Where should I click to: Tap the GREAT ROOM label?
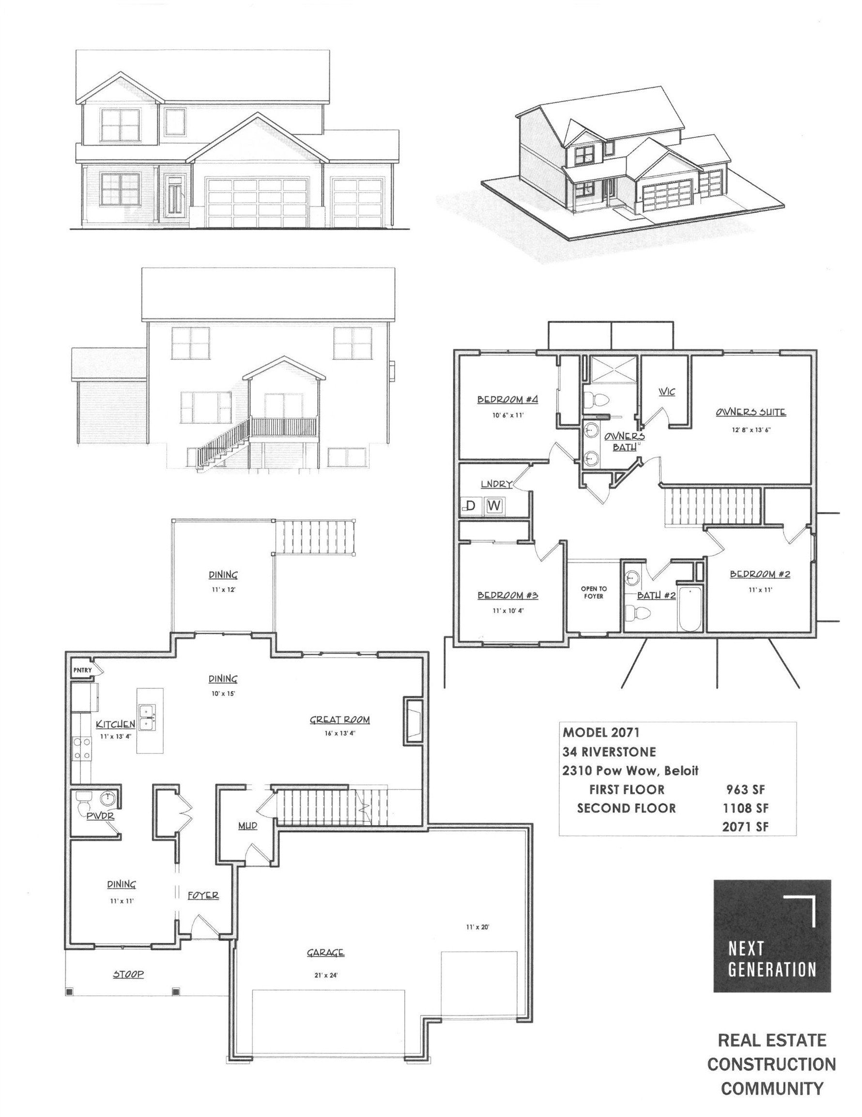point(340,720)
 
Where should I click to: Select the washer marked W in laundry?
point(494,506)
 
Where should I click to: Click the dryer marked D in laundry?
point(471,506)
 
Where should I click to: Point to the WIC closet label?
point(667,392)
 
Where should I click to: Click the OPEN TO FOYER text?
point(594,593)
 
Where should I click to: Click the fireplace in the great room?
point(412,719)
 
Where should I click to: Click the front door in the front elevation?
point(174,197)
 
